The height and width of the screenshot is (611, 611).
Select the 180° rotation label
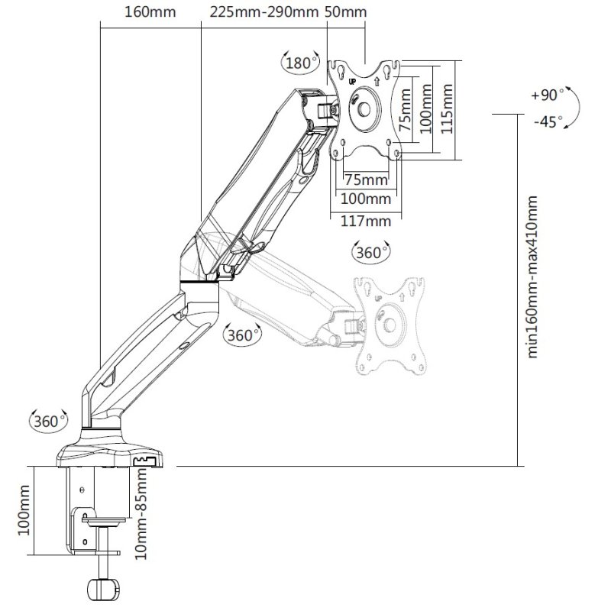pyautogui.click(x=300, y=63)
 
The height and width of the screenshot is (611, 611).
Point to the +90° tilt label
pyautogui.click(x=546, y=95)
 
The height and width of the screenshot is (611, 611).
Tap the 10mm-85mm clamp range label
pyautogui.click(x=142, y=512)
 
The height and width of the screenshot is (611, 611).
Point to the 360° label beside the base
pyautogui.click(x=46, y=420)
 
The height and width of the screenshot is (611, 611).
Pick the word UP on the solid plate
pyautogui.click(x=352, y=79)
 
